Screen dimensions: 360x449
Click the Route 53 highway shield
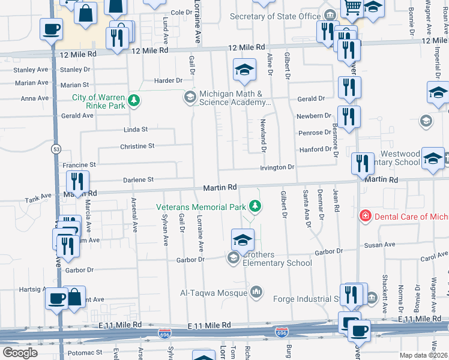tap(56, 148)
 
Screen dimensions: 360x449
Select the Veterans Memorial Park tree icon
tap(256, 206)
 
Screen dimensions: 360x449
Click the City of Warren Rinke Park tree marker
tap(136, 101)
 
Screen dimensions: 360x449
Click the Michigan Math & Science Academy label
tap(232, 98)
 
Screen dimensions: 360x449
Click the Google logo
tap(20, 353)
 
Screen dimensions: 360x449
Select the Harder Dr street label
tap(168, 80)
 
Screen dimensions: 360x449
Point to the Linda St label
tap(135, 129)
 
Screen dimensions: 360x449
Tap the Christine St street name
tap(137, 146)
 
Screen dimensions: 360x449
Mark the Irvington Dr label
tap(277, 167)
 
